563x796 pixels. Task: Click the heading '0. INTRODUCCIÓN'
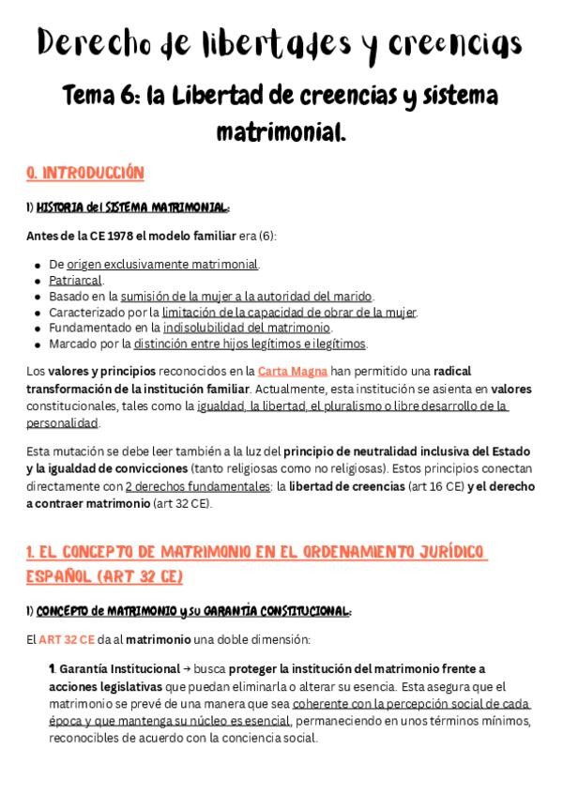(x=85, y=173)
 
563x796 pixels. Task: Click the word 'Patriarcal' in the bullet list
(x=76, y=280)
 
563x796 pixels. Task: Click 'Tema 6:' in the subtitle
(x=99, y=97)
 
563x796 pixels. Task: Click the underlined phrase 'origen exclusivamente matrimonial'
(x=162, y=264)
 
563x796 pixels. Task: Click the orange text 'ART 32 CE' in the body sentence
(x=67, y=639)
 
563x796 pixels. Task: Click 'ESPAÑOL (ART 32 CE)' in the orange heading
(x=105, y=574)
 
